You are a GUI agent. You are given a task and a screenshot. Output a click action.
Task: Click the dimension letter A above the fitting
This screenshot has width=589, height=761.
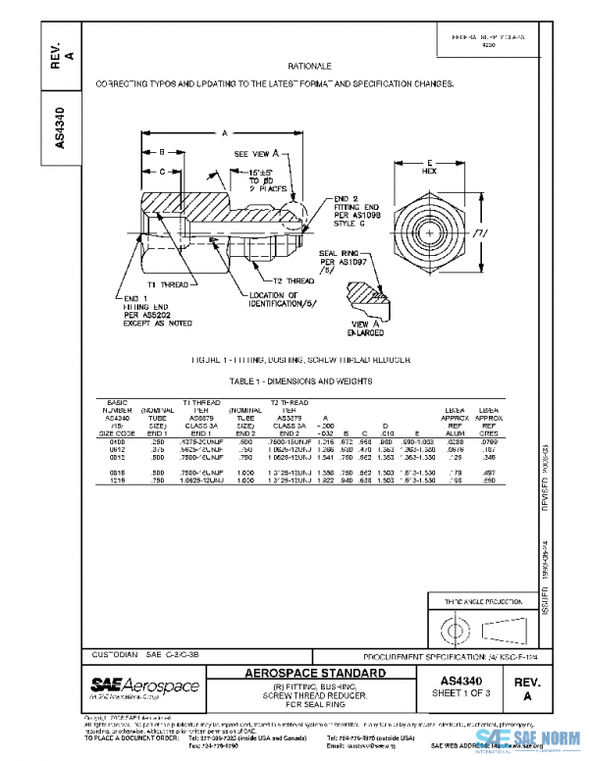tap(225, 132)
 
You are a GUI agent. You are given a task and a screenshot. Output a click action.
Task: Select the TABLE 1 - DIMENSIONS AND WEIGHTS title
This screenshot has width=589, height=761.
tap(307, 380)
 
